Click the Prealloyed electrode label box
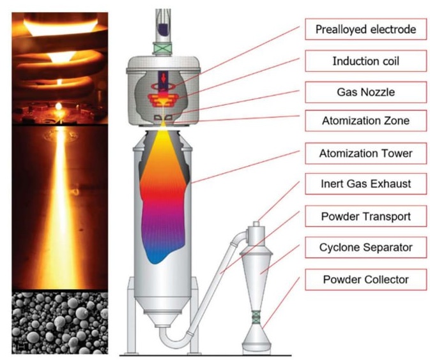pyautogui.click(x=366, y=29)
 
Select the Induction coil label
pyautogui.click(x=366, y=61)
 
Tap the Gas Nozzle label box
pyautogui.click(x=366, y=92)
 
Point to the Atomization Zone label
pyautogui.click(x=366, y=121)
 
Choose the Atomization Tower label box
pyautogui.click(x=366, y=153)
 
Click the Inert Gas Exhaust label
pyautogui.click(x=366, y=184)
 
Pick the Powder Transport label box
pyautogui.click(x=366, y=216)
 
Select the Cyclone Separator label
pyautogui.click(x=366, y=247)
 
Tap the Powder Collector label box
pyautogui.click(x=366, y=280)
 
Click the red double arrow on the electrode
pyautogui.click(x=164, y=78)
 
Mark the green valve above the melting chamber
pyautogui.click(x=163, y=48)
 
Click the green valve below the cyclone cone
pyautogui.click(x=256, y=317)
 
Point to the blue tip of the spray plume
pyautogui.click(x=156, y=256)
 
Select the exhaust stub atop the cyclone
pyautogui.click(x=256, y=224)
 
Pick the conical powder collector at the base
pyautogui.click(x=256, y=339)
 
